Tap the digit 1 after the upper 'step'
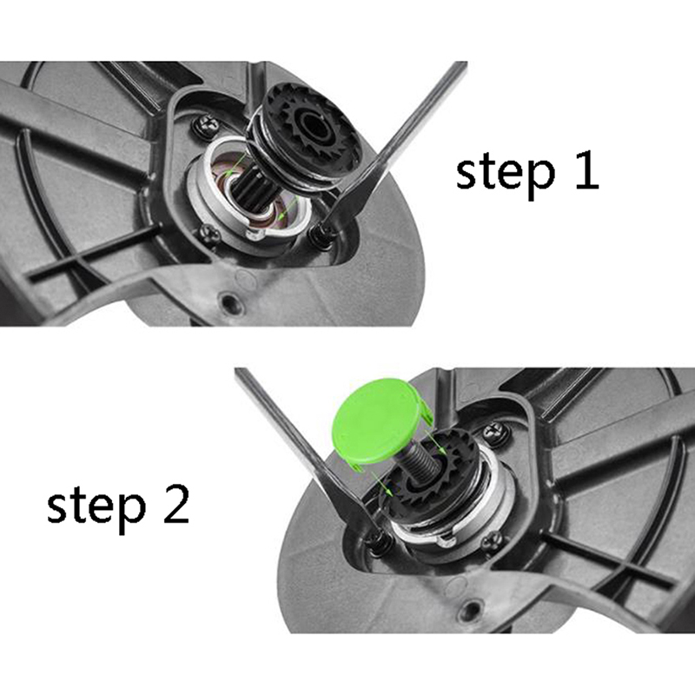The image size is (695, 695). (586, 169)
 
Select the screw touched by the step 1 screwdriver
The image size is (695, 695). (320, 232)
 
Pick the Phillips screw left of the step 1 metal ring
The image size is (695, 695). (208, 233)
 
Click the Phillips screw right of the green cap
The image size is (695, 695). (495, 430)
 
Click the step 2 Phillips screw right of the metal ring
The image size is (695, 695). (492, 539)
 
